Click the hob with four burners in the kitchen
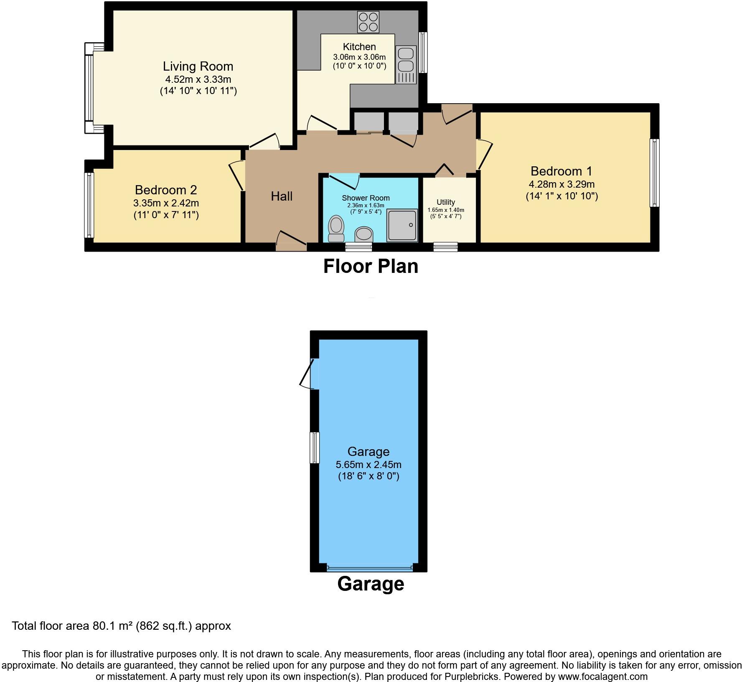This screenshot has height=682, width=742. pyautogui.click(x=368, y=22)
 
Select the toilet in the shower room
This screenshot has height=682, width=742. pyautogui.click(x=335, y=228)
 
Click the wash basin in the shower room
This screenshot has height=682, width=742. pyautogui.click(x=363, y=235)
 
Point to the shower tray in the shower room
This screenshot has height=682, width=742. pyautogui.click(x=402, y=225)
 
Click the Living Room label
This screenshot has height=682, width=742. pyautogui.click(x=198, y=66)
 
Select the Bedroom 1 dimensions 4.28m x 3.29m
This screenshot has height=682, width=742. pyautogui.click(x=562, y=184)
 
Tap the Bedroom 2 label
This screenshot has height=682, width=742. pyautogui.click(x=166, y=190)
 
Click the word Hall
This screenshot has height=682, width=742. pyautogui.click(x=282, y=196)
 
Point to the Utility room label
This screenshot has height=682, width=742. pyautogui.click(x=446, y=202)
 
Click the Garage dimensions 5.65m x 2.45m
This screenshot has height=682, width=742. pyautogui.click(x=368, y=465)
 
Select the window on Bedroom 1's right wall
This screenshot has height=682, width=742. pyautogui.click(x=655, y=173)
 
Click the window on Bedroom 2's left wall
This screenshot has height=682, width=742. pyautogui.click(x=89, y=205)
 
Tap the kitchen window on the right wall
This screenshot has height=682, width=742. pyautogui.click(x=423, y=53)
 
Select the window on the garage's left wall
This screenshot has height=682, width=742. pyautogui.click(x=314, y=448)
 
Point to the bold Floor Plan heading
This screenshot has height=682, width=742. pyautogui.click(x=371, y=267)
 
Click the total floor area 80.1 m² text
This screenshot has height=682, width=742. pyautogui.click(x=121, y=626)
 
